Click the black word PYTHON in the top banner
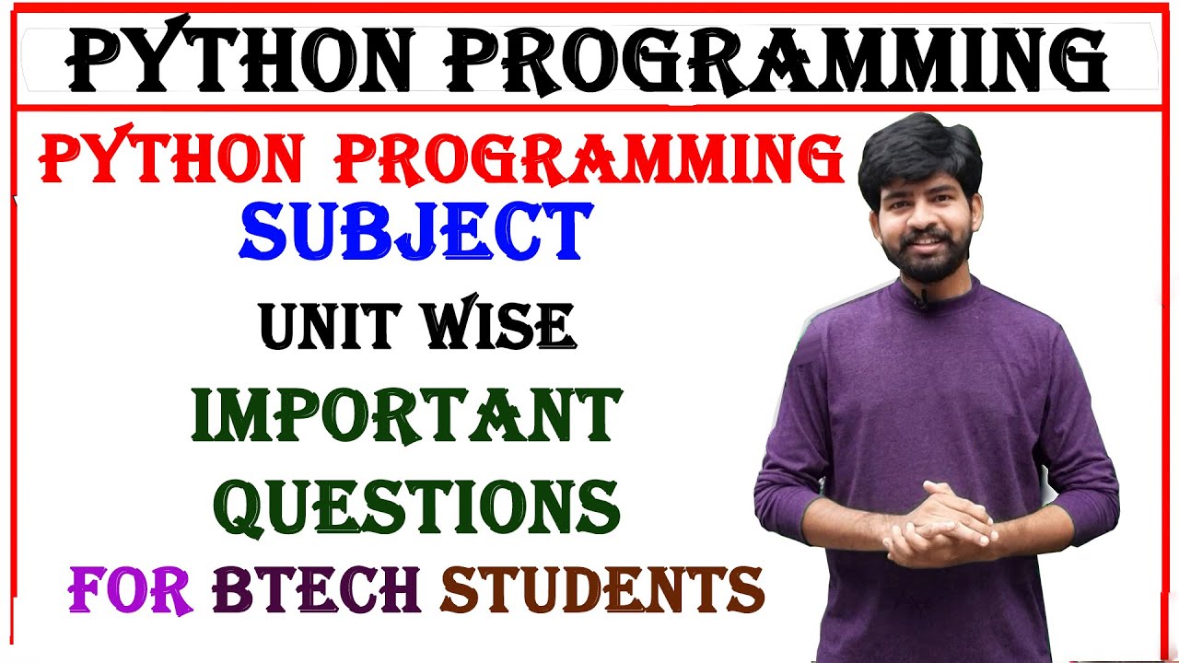point(239,61)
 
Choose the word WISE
point(497,326)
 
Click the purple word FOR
point(130,589)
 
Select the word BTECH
point(316,589)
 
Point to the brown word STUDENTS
point(602,589)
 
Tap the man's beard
point(925,262)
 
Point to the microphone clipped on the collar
point(919,299)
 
